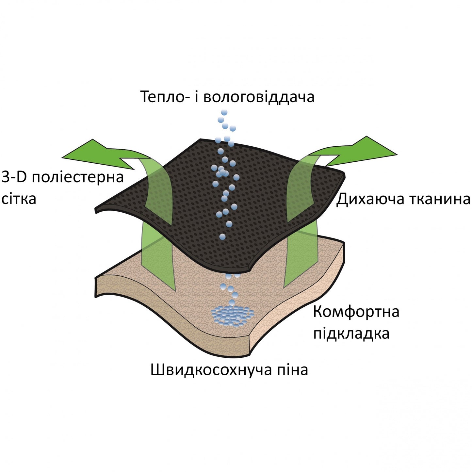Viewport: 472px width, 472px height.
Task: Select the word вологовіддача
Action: pos(259,97)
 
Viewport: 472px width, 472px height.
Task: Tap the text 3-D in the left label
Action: pos(15,177)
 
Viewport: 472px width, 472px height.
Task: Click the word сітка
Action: pos(19,199)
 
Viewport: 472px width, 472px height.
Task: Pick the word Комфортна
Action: pos(356,312)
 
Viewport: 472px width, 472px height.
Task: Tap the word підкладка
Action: pos(351,334)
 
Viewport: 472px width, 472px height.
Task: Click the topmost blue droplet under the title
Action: pos(224,113)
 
